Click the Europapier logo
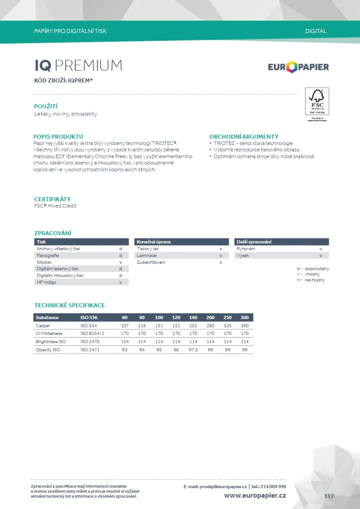[x=298, y=67]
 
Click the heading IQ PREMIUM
[x=78, y=66]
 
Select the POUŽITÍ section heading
[x=45, y=106]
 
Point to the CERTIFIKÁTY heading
[x=52, y=199]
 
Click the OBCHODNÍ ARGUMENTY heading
[x=244, y=136]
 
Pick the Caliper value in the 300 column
[x=244, y=325]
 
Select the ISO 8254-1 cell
[x=92, y=333]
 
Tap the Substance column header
[x=47, y=317]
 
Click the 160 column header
[x=193, y=317]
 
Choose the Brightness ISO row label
[x=51, y=342]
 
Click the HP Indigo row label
[x=46, y=282]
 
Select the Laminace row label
[x=147, y=256]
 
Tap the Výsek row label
[x=242, y=256]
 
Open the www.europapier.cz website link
[x=255, y=495]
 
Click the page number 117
[x=329, y=496]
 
